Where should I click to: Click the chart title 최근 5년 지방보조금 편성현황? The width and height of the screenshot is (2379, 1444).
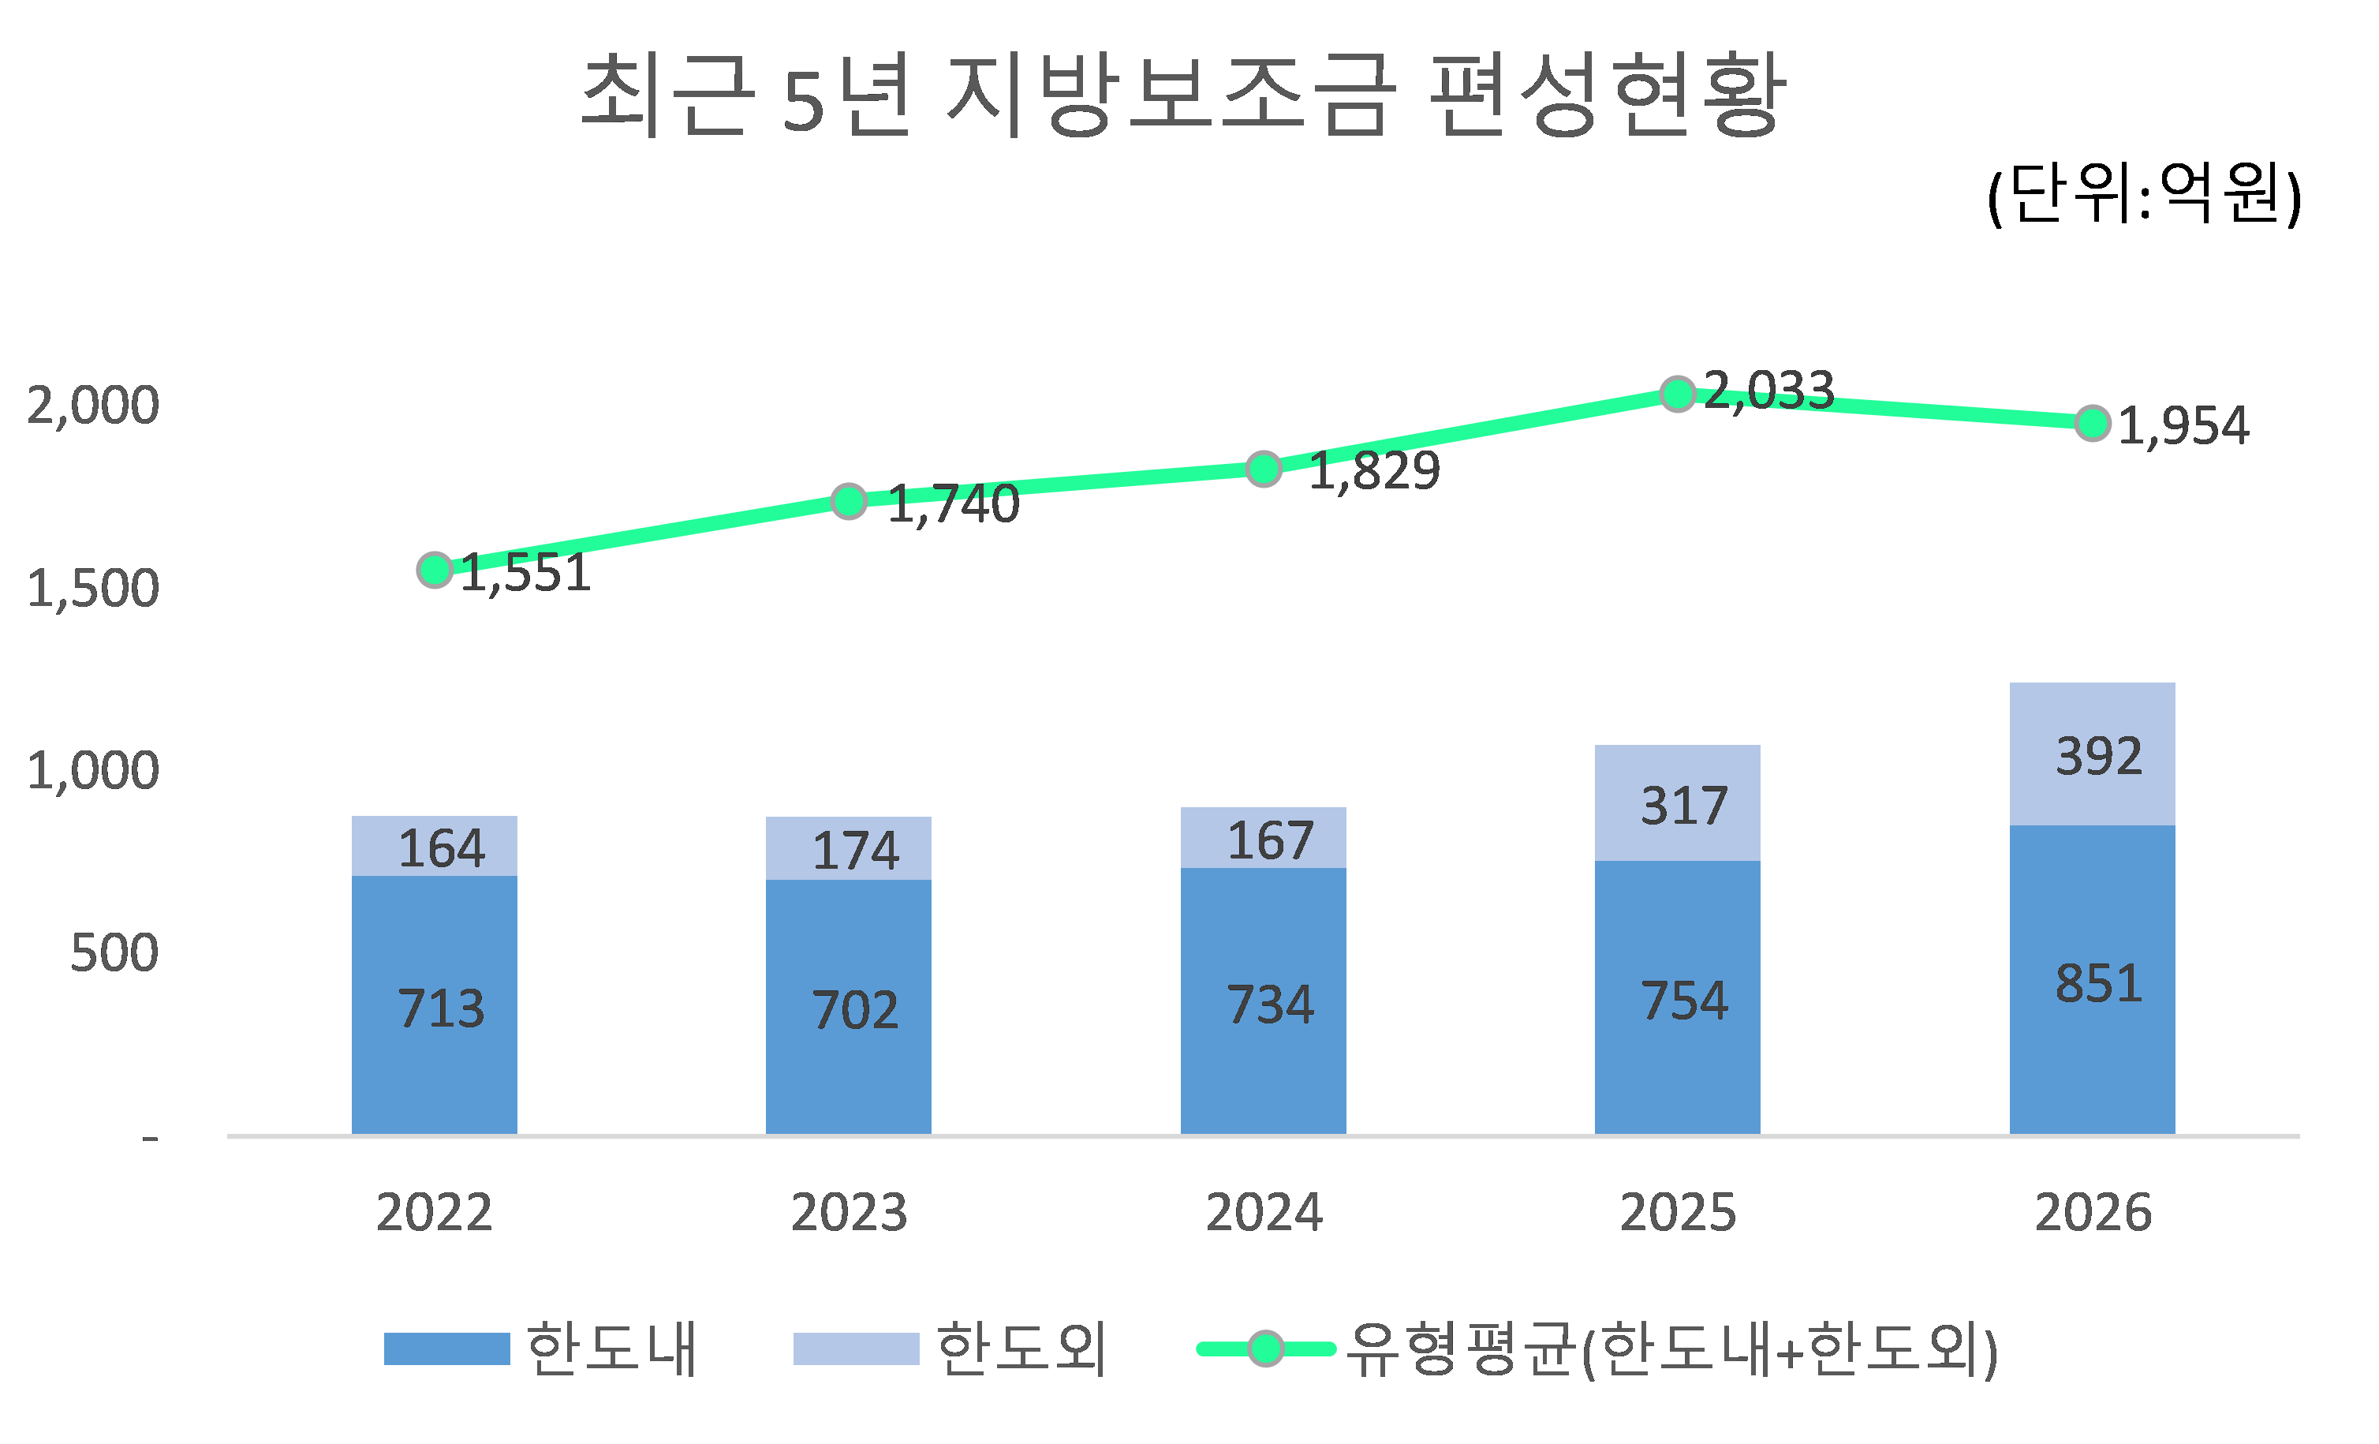(1182, 95)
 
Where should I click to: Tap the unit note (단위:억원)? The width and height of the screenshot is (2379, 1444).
(2143, 194)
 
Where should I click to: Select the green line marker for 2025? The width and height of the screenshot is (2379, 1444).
(1677, 393)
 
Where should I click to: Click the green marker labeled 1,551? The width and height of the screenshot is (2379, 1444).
(435, 570)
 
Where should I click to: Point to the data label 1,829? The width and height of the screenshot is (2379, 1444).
(1373, 471)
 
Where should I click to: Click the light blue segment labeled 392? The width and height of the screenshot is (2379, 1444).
(2091, 754)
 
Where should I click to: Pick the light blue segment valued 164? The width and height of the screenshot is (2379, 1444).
(434, 847)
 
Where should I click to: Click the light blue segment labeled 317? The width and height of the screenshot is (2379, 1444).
(1677, 803)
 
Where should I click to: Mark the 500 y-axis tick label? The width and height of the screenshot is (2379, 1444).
(114, 952)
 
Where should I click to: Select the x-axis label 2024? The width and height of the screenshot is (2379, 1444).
(1263, 1212)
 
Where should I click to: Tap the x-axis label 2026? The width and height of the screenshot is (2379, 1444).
(2092, 1212)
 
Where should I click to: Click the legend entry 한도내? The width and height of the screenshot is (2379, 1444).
(611, 1349)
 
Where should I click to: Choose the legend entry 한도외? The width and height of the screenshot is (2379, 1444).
(1021, 1349)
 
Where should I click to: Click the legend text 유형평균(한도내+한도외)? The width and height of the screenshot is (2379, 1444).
(1671, 1349)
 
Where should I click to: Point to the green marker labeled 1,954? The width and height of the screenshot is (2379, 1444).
(2091, 423)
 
